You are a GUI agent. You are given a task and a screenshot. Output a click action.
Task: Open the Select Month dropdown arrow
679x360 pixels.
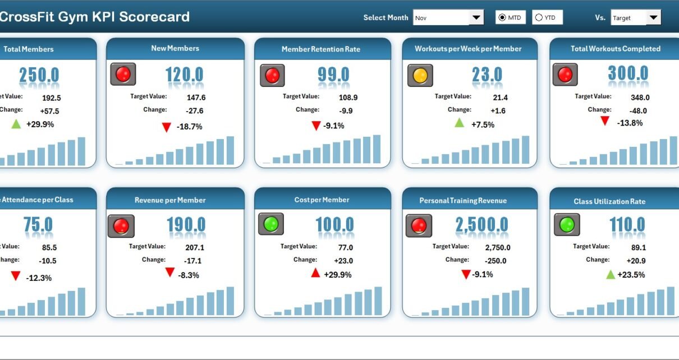point(476,18)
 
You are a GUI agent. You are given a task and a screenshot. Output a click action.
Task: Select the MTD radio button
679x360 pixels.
point(502,18)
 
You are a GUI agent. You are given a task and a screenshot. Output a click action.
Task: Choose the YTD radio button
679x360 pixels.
point(539,18)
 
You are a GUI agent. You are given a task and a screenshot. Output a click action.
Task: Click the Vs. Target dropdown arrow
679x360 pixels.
point(653,18)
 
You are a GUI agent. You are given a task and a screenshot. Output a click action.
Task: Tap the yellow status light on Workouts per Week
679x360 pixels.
point(420,75)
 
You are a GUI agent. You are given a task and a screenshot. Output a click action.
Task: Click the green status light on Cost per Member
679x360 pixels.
point(271,224)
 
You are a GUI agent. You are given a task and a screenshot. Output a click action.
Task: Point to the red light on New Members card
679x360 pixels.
point(123,74)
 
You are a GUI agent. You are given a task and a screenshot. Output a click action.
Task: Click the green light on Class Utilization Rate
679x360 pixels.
point(567,224)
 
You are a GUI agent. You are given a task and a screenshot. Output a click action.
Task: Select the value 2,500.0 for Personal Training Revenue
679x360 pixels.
point(481,225)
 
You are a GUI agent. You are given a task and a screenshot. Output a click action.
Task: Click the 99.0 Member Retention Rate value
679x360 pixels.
point(333,75)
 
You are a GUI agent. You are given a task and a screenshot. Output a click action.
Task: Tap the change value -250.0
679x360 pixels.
point(492,261)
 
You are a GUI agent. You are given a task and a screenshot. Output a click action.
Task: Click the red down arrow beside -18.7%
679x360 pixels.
point(166,127)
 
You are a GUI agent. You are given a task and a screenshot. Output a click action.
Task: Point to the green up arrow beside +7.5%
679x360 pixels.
point(460,123)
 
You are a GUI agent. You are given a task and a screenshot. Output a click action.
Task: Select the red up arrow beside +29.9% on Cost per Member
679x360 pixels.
point(315,273)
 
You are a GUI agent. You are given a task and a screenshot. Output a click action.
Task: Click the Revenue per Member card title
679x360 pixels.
point(170,200)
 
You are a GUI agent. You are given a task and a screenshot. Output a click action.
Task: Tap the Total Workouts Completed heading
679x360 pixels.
point(615,49)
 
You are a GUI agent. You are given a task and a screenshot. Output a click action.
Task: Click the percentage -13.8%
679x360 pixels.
point(629,123)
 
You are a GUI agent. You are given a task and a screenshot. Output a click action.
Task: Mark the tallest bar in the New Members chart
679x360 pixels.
point(230,150)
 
